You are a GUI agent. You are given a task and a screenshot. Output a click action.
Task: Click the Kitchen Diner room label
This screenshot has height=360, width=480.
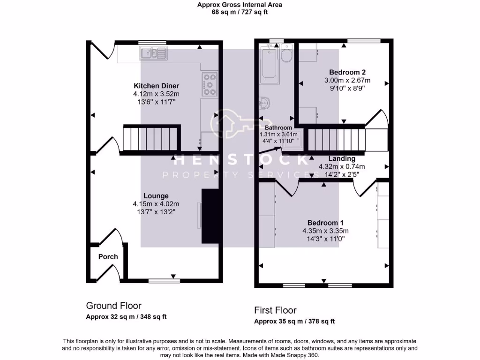pos(157,86)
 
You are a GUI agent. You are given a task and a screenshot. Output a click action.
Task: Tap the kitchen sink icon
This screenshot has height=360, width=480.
pos(153,53)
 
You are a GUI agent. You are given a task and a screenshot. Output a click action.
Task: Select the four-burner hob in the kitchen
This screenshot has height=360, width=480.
pos(210,84)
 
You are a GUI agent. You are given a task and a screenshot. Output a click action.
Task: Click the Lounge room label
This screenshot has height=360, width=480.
pos(156,195)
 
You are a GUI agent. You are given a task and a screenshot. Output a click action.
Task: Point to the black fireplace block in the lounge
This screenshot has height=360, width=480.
pos(210,216)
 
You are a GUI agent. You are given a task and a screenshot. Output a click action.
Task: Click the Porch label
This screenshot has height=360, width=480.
pos(108,256)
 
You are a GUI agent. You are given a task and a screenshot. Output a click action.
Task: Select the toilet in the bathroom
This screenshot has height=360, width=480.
pos(286,55)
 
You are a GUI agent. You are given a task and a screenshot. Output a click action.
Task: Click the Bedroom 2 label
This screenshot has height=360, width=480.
pos(347,72)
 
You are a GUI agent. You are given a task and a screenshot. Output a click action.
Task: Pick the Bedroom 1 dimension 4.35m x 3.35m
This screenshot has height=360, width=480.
pos(325,231)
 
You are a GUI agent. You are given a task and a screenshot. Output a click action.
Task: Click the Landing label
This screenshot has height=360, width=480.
pos(342,158)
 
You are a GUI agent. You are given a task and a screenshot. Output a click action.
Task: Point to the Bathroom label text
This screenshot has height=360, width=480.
pos(278,127)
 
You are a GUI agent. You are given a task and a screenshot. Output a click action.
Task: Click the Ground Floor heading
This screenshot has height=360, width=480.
pos(113,306)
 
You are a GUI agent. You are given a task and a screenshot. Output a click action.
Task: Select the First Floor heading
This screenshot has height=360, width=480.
pos(275,310)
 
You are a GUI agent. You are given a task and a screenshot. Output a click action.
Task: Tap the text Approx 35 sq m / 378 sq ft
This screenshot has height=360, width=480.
pos(294,322)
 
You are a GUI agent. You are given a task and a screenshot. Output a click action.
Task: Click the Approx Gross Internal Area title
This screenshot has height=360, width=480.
pos(240,5)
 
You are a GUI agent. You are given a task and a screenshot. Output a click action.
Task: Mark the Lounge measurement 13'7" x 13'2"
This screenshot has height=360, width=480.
pos(156,211)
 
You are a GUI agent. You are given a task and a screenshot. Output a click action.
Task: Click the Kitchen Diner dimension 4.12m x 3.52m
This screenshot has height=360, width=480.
pos(157,94)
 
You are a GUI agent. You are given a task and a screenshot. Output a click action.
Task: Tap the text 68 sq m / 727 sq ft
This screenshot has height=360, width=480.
pos(240,13)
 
